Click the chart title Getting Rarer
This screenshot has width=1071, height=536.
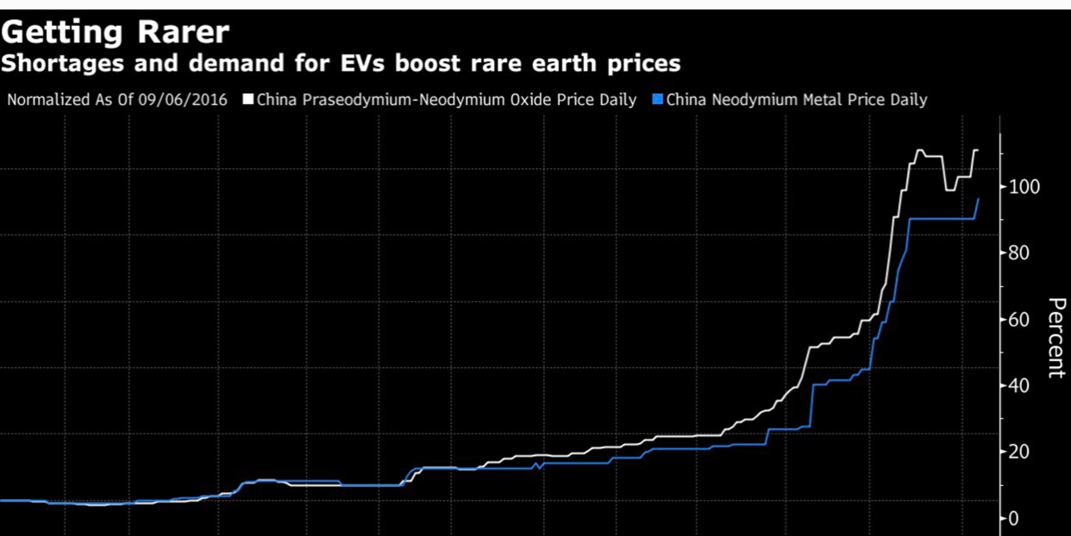(116, 32)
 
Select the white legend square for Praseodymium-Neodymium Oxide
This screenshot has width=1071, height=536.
(248, 100)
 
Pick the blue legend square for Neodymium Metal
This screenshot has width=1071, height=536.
(657, 100)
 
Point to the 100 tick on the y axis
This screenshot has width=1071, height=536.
(1024, 187)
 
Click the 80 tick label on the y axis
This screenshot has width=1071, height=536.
(1020, 253)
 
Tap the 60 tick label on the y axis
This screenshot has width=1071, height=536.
(1020, 320)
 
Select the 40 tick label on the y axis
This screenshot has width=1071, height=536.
(1020, 385)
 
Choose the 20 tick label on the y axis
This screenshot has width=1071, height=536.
(1020, 452)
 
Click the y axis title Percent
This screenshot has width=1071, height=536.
(1056, 337)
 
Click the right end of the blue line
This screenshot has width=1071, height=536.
(978, 199)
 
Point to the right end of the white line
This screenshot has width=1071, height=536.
(977, 150)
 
